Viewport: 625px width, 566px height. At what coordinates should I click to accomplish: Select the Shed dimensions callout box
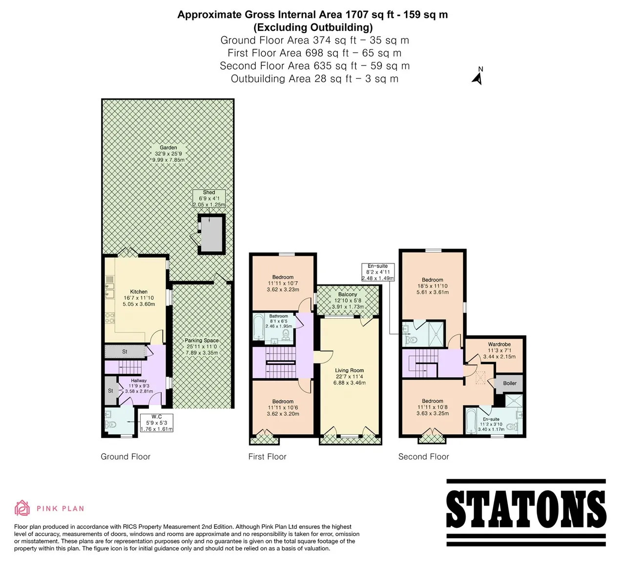(209, 198)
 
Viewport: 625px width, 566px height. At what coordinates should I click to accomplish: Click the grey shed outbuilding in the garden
(211, 234)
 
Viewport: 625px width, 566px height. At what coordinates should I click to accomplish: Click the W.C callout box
(156, 423)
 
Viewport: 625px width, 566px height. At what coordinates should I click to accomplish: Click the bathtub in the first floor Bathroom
(259, 327)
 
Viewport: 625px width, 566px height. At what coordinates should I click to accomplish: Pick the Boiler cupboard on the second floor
(509, 384)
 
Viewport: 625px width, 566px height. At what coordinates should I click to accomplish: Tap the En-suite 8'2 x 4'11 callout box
(377, 272)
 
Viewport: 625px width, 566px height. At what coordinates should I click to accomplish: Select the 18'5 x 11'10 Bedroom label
(433, 286)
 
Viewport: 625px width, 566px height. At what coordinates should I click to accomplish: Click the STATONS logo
(526, 513)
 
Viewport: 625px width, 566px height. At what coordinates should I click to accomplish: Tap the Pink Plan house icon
(22, 508)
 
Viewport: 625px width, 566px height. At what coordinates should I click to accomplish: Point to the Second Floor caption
(423, 457)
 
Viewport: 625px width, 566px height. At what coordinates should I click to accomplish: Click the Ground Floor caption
(125, 457)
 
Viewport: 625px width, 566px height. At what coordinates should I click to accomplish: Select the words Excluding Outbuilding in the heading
(313, 28)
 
